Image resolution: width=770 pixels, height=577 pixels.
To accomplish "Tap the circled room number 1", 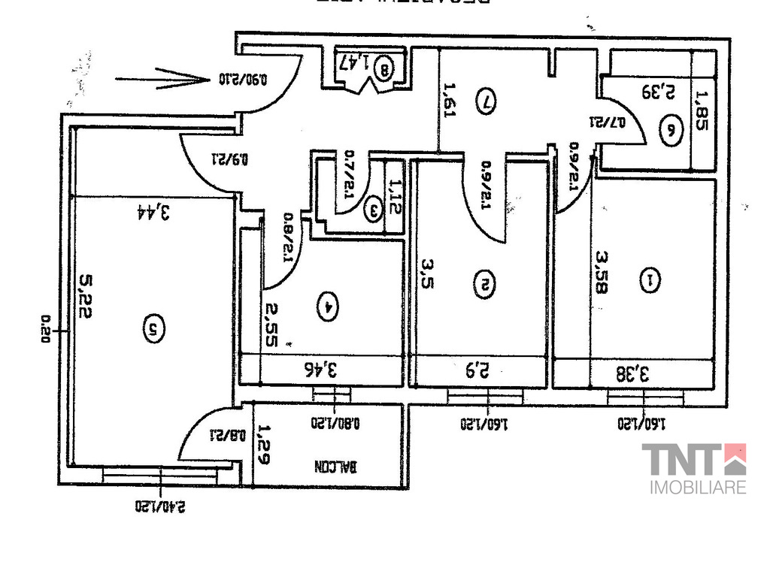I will click(647, 281).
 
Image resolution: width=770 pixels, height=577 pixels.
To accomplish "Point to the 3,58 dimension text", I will click(601, 272).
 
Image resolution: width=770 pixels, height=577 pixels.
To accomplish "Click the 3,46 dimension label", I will click(320, 369).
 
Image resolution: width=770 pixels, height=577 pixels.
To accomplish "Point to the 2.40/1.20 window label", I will click(160, 506).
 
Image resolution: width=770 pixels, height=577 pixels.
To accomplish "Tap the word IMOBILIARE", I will click(698, 488).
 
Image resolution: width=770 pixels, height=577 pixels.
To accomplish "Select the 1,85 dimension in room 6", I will click(702, 111).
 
